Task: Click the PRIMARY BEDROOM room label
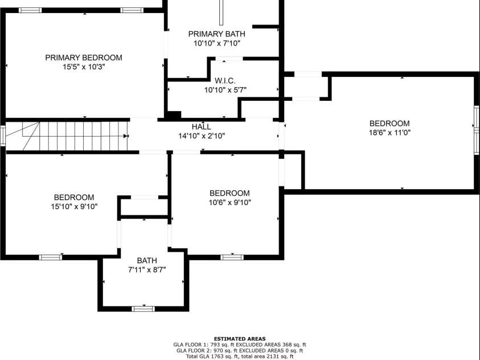click(84, 58)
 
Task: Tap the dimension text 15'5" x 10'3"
click(84, 67)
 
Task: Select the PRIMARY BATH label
click(217, 34)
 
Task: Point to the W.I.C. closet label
click(225, 81)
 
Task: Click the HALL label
click(202, 126)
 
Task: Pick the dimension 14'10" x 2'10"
click(202, 136)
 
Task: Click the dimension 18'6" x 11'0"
click(389, 133)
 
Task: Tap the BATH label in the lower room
click(147, 260)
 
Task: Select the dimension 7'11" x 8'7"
click(147, 270)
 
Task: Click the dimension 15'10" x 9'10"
click(74, 207)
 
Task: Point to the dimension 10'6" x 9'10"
click(230, 202)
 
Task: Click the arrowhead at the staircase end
click(125, 136)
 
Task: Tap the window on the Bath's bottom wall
click(143, 308)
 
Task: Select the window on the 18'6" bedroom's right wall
click(477, 130)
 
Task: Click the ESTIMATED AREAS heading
click(240, 339)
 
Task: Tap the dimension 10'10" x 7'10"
click(217, 43)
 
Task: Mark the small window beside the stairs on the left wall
click(3, 135)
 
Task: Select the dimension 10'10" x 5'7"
click(225, 90)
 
